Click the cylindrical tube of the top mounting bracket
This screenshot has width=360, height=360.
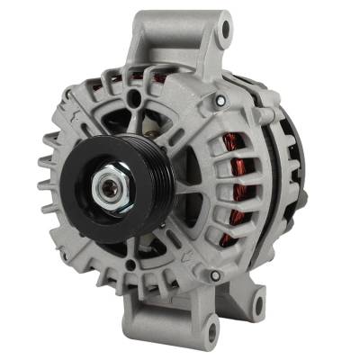pyautogui.click(x=175, y=36)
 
